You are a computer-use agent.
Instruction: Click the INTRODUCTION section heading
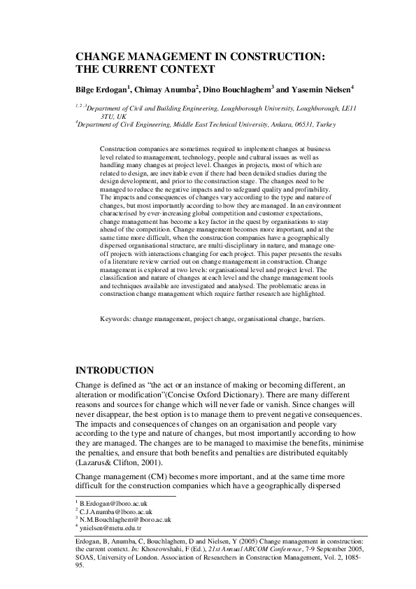click(124, 369)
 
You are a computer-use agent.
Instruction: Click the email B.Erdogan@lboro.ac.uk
click(113, 503)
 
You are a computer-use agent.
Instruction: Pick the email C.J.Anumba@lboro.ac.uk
click(115, 511)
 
